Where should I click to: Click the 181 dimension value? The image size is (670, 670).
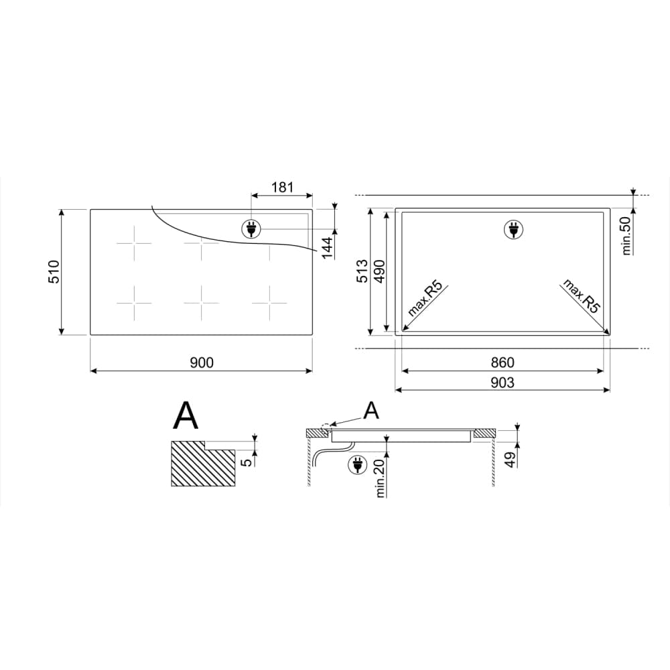click(x=282, y=187)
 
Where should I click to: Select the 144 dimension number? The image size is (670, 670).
click(x=327, y=248)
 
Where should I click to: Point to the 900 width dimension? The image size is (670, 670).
click(x=201, y=362)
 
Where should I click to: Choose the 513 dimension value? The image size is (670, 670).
click(x=362, y=271)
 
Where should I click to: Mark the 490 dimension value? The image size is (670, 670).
click(x=379, y=271)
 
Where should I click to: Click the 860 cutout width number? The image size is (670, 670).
click(x=502, y=362)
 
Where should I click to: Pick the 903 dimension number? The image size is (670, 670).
click(x=502, y=383)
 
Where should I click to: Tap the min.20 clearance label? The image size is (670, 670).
click(x=381, y=478)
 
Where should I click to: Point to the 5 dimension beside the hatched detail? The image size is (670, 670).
click(x=247, y=462)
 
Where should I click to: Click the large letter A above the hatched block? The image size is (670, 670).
click(x=186, y=416)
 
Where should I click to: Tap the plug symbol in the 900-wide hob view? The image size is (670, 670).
click(x=251, y=229)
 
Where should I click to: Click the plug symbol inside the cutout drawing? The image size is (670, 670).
click(x=514, y=230)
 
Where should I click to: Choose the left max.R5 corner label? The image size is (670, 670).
click(x=425, y=299)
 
